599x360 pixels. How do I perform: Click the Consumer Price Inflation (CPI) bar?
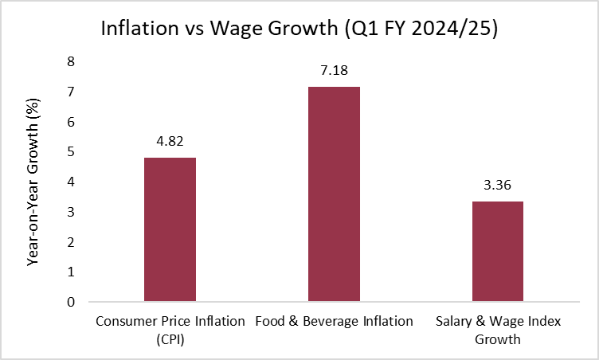pos(170,229)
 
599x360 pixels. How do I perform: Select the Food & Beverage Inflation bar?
pos(334,194)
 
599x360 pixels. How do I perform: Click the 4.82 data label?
pos(170,140)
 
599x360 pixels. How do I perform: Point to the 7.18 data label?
pos(334,70)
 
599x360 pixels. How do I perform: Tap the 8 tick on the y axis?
pos(71,61)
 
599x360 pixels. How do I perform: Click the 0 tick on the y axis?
pos(71,302)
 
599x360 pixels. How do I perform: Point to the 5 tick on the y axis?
pos(71,151)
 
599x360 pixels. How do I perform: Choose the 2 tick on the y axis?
pos(71,242)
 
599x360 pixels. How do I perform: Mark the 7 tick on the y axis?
pos(71,92)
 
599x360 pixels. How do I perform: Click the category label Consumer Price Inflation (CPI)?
pos(170,330)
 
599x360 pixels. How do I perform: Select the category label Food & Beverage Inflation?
pos(334,322)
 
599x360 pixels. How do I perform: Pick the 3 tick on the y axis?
pos(71,212)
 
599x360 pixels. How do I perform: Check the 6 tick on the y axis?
pos(71,122)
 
